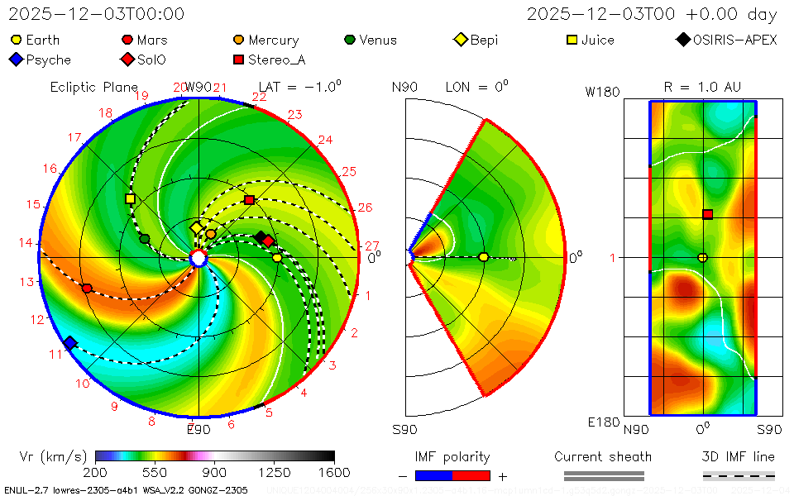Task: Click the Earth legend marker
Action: [16, 40]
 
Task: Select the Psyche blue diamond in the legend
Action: [16, 60]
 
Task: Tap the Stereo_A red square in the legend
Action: [239, 60]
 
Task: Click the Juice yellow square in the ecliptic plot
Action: [130, 198]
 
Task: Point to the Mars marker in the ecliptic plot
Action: [87, 289]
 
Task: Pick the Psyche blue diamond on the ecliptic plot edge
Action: [70, 343]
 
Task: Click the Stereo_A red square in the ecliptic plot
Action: [250, 199]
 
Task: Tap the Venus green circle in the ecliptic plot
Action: [145, 239]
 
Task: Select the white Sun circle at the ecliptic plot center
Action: [198, 259]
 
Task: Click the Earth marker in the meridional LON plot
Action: [484, 257]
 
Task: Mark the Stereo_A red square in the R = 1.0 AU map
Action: [708, 214]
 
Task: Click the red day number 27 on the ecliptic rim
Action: [371, 246]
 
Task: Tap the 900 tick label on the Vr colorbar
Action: [215, 473]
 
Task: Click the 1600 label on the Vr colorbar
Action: [334, 473]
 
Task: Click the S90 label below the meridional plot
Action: [404, 430]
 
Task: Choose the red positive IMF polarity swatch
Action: [471, 476]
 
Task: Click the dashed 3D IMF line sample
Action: [739, 476]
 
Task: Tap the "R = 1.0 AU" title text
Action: [703, 87]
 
